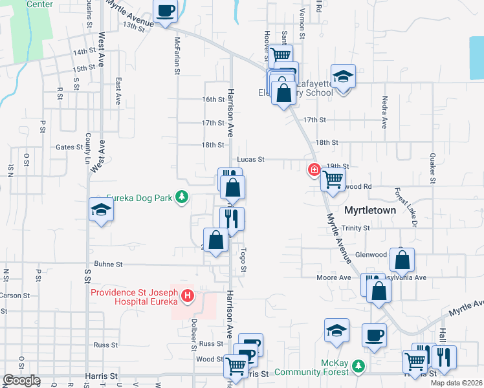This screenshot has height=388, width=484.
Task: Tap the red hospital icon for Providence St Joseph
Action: point(188,296)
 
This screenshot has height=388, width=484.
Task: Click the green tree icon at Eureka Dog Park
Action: point(183,197)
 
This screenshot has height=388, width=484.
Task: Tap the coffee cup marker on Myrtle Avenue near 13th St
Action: point(165,12)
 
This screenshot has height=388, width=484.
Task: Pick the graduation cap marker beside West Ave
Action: point(102,211)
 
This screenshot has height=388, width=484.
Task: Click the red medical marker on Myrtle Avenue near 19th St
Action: point(314,169)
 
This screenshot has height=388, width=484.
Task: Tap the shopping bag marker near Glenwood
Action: point(402,261)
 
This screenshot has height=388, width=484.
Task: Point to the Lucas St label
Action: point(250,159)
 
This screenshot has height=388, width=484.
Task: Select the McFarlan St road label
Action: point(177,56)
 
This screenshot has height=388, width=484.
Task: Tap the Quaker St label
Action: point(432,168)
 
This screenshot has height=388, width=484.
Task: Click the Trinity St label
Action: point(356,228)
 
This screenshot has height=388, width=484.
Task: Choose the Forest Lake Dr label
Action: point(405,206)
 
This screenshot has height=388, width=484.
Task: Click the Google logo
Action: point(21,380)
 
